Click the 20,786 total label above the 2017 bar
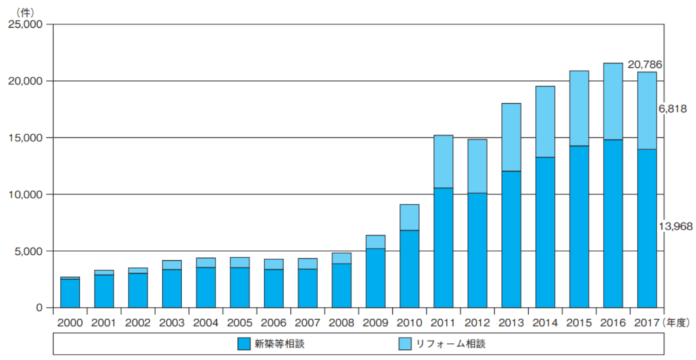(x=645, y=65)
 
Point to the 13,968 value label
(x=675, y=226)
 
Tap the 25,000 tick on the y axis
(x=24, y=25)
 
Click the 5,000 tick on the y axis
(x=28, y=251)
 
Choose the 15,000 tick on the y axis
(x=24, y=138)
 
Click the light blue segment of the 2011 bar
(x=443, y=162)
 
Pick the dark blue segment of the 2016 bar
(x=612, y=223)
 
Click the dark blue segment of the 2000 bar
(x=70, y=293)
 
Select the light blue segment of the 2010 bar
(x=409, y=217)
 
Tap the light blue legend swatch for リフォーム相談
(x=403, y=344)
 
